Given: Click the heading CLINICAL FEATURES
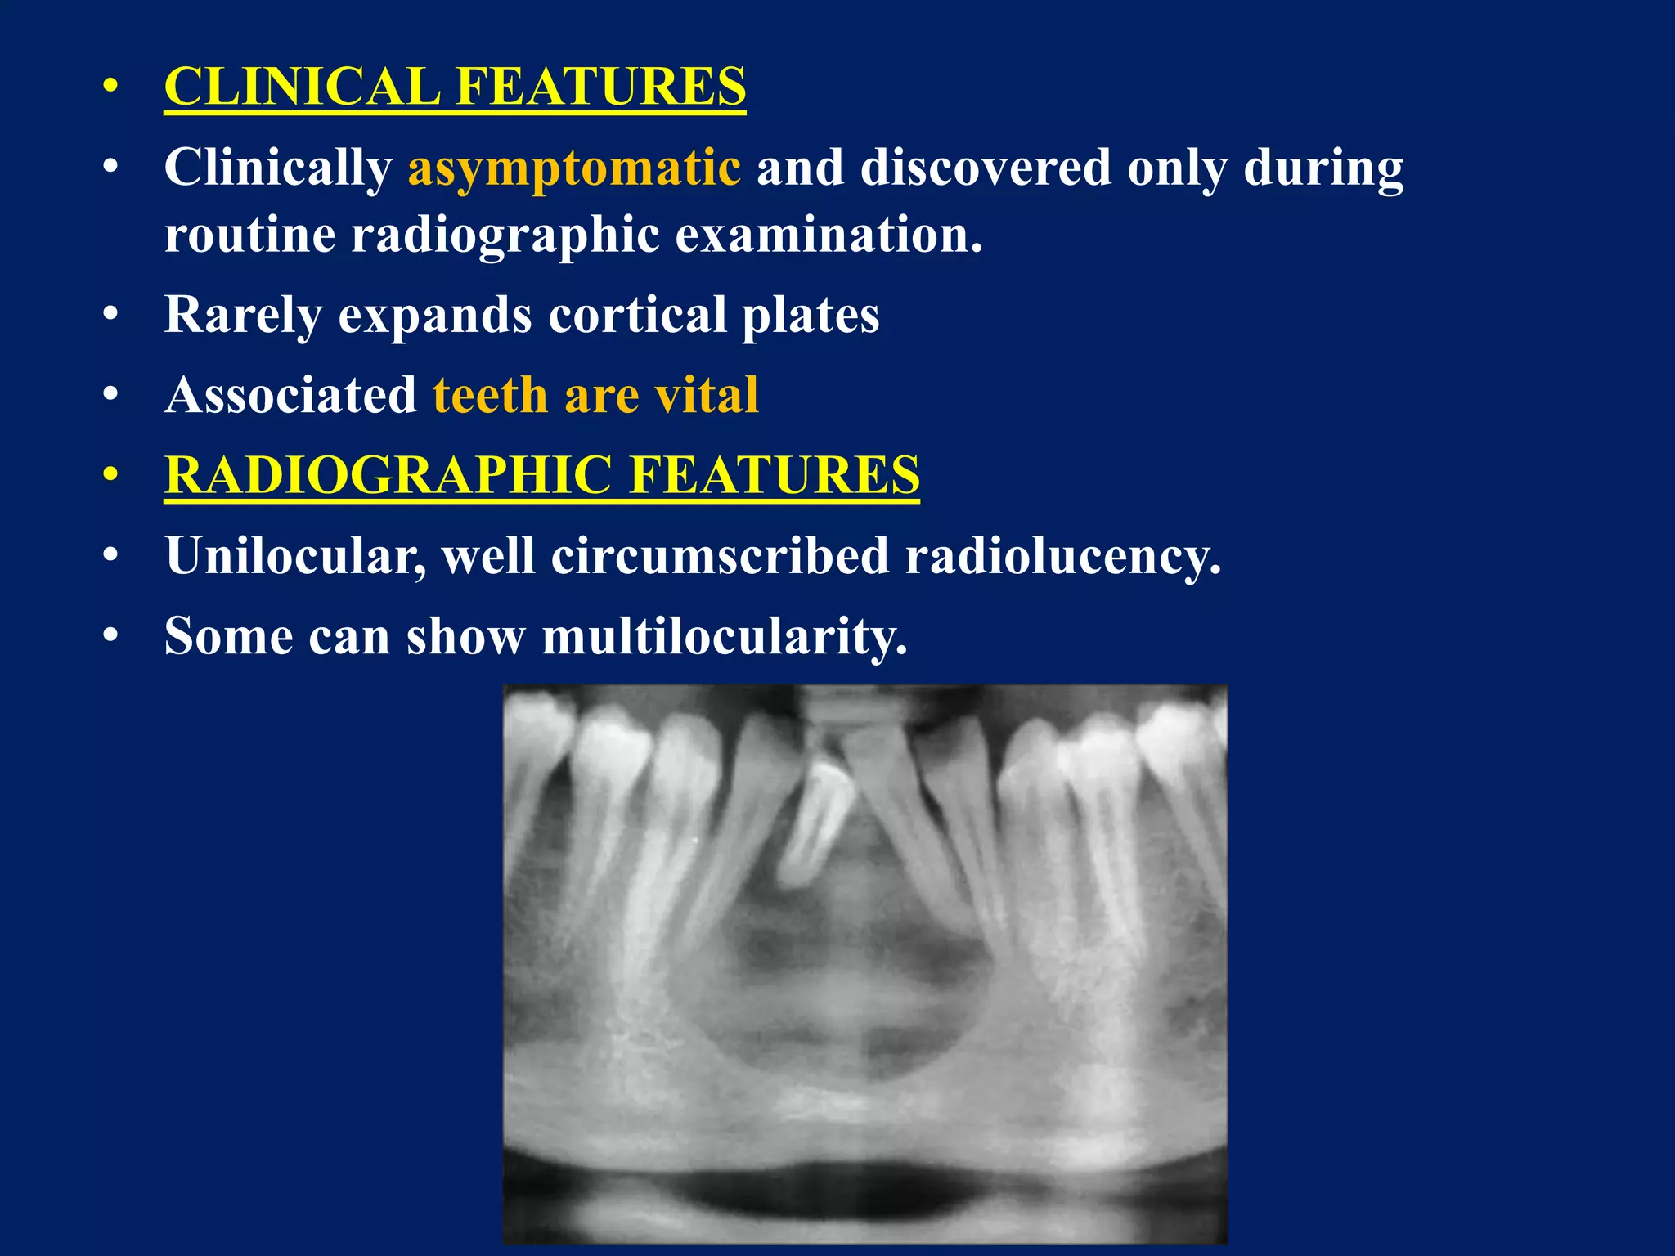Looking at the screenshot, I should (455, 86).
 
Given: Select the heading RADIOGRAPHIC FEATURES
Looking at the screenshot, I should (541, 475).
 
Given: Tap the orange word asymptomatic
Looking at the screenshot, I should (574, 168).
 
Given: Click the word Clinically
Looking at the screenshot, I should (278, 168).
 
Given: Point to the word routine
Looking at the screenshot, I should (250, 235).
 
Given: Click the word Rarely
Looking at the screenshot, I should (244, 315).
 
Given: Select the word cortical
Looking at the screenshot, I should (637, 315).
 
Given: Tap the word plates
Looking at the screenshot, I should (810, 315).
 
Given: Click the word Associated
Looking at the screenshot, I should (291, 395).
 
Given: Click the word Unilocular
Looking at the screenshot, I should (295, 556).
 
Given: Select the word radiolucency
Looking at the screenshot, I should (1062, 556).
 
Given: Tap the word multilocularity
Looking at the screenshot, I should (725, 636).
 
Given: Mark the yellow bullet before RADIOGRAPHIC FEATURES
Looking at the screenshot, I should (111, 475).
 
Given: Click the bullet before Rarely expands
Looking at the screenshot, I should (111, 315).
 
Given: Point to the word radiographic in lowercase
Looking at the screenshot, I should (505, 235).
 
